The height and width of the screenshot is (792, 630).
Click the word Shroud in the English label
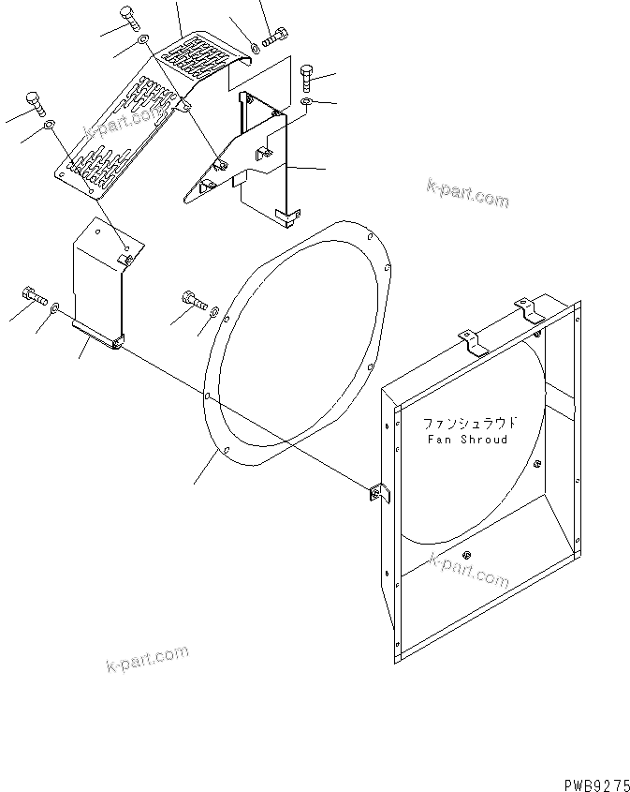click(x=485, y=439)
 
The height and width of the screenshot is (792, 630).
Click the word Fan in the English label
click(x=438, y=439)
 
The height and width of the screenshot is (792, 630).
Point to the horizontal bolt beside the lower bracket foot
click(x=32, y=297)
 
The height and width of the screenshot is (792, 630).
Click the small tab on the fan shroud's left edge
click(x=379, y=495)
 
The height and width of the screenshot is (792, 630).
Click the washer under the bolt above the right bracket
click(x=308, y=100)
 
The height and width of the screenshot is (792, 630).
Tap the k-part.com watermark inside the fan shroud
click(x=468, y=570)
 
